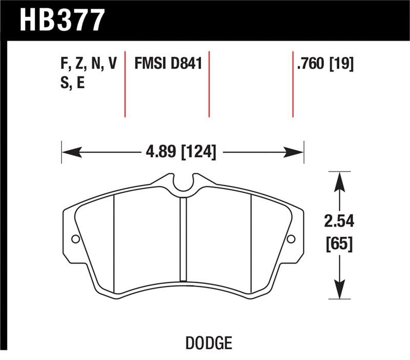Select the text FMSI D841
coord(168,64)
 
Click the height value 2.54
coord(339,223)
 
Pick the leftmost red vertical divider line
coord(125,84)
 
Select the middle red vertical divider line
coord(209,84)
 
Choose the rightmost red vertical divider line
coord(293,84)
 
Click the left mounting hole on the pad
coord(75,239)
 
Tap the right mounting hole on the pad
coord(291,239)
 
